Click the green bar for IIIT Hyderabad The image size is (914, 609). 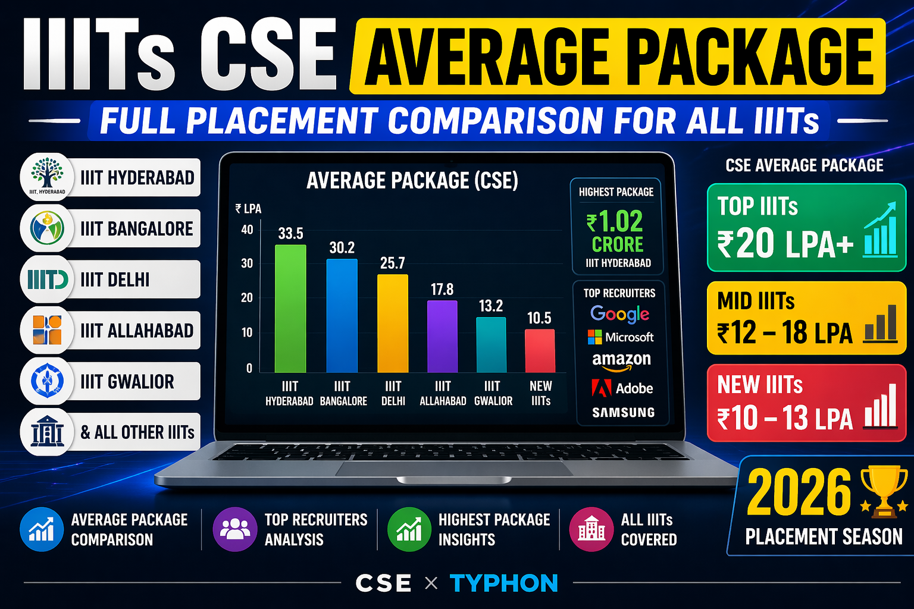click(x=290, y=309)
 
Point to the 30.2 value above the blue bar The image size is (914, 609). click(x=342, y=247)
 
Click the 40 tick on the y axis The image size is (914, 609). click(x=247, y=230)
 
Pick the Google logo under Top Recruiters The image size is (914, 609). click(x=619, y=314)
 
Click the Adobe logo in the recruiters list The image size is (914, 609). click(x=622, y=388)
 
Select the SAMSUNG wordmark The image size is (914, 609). click(x=623, y=412)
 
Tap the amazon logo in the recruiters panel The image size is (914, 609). click(x=621, y=360)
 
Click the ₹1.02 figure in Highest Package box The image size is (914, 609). click(x=615, y=222)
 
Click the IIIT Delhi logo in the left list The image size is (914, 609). click(x=48, y=279)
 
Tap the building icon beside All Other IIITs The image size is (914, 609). click(x=47, y=432)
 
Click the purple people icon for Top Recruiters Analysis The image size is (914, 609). click(x=235, y=529)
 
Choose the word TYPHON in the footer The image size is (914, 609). click(x=503, y=583)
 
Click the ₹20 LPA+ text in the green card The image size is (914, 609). click(x=785, y=244)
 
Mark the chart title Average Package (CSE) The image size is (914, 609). click(x=412, y=180)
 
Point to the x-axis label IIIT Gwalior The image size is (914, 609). click(x=493, y=393)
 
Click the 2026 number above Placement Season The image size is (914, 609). click(x=799, y=492)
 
